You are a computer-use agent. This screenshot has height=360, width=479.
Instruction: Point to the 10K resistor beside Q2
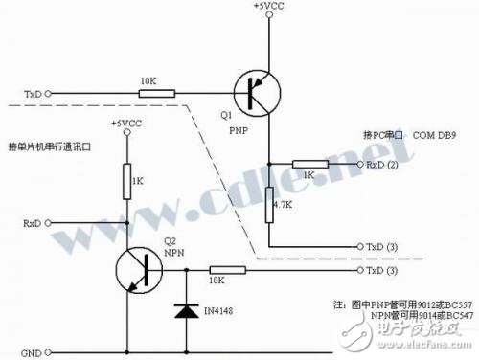click(226, 271)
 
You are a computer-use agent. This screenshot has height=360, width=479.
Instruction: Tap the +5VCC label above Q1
click(267, 8)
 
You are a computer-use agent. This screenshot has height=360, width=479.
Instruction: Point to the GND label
click(31, 352)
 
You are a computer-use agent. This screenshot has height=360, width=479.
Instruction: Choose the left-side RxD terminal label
click(33, 223)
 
